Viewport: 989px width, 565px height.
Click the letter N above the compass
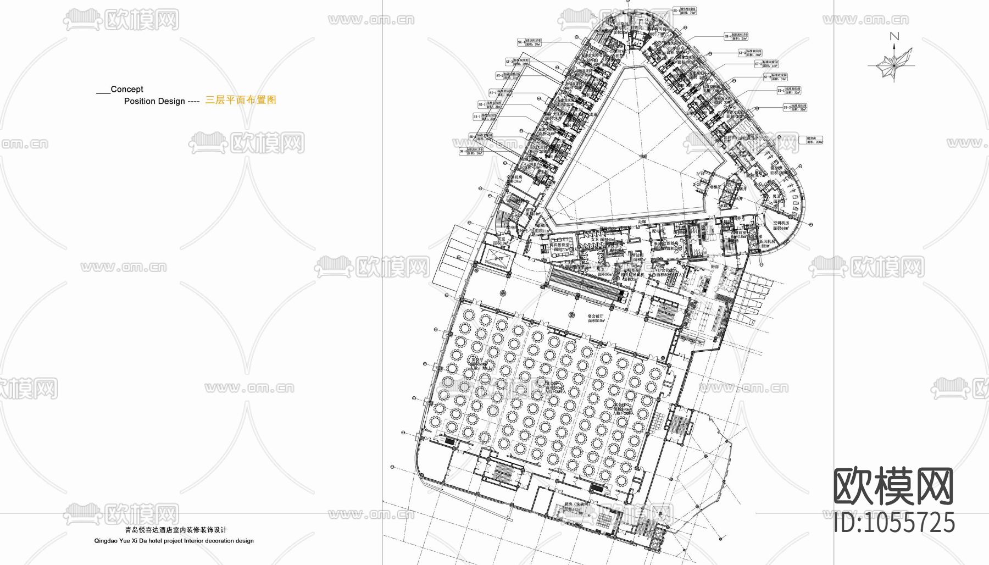894,37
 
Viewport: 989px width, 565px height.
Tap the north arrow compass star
894,64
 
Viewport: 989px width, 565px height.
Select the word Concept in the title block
127,89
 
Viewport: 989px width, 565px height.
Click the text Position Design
154,101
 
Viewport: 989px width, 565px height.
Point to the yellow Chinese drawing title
241,100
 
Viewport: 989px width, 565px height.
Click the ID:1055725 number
894,523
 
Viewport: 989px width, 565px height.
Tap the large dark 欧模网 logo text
893,486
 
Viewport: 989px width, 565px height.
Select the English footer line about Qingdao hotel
174,541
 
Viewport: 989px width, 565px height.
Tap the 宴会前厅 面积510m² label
596,318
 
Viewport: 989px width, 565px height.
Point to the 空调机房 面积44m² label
781,225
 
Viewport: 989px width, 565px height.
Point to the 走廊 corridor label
642,221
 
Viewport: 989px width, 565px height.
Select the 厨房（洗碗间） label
575,504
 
